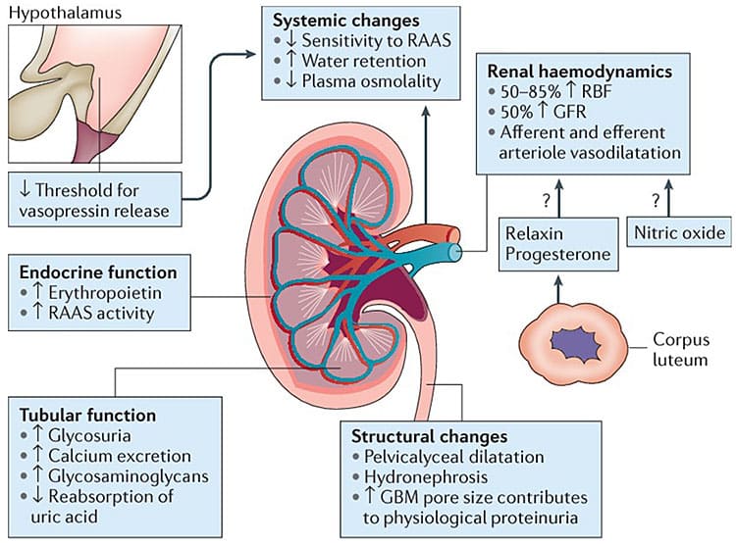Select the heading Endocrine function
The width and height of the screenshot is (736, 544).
[x=93, y=272]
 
